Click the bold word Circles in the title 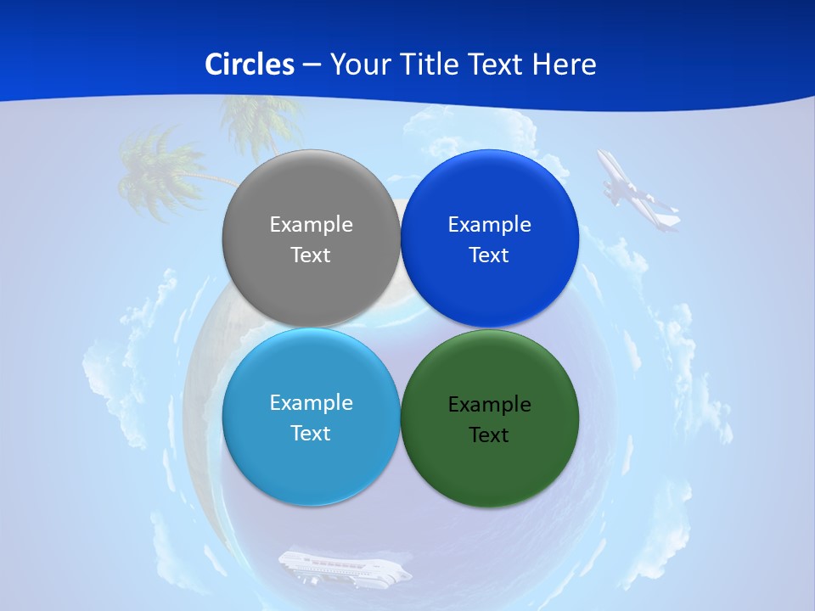click(x=250, y=64)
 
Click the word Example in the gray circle click(x=311, y=225)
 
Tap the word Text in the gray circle click(x=311, y=255)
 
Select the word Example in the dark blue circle click(x=490, y=225)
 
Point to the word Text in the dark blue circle click(x=490, y=255)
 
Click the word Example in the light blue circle click(x=311, y=403)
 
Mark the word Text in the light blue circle click(x=311, y=434)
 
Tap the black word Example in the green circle click(x=490, y=405)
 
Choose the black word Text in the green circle click(x=490, y=435)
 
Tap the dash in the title click(x=312, y=65)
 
